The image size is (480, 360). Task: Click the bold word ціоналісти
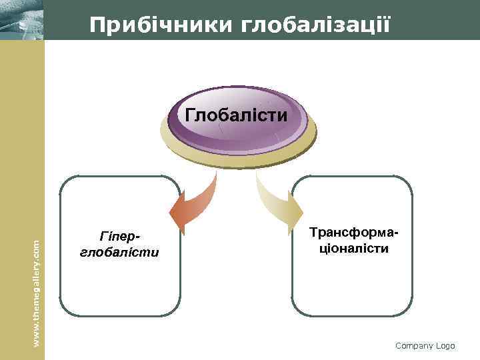pos(355,248)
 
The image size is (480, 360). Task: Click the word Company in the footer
pos(414,345)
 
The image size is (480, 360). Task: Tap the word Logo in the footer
pos(445,345)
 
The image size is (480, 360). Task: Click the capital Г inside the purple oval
pos(190,115)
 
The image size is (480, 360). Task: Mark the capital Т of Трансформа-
pos(314,233)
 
